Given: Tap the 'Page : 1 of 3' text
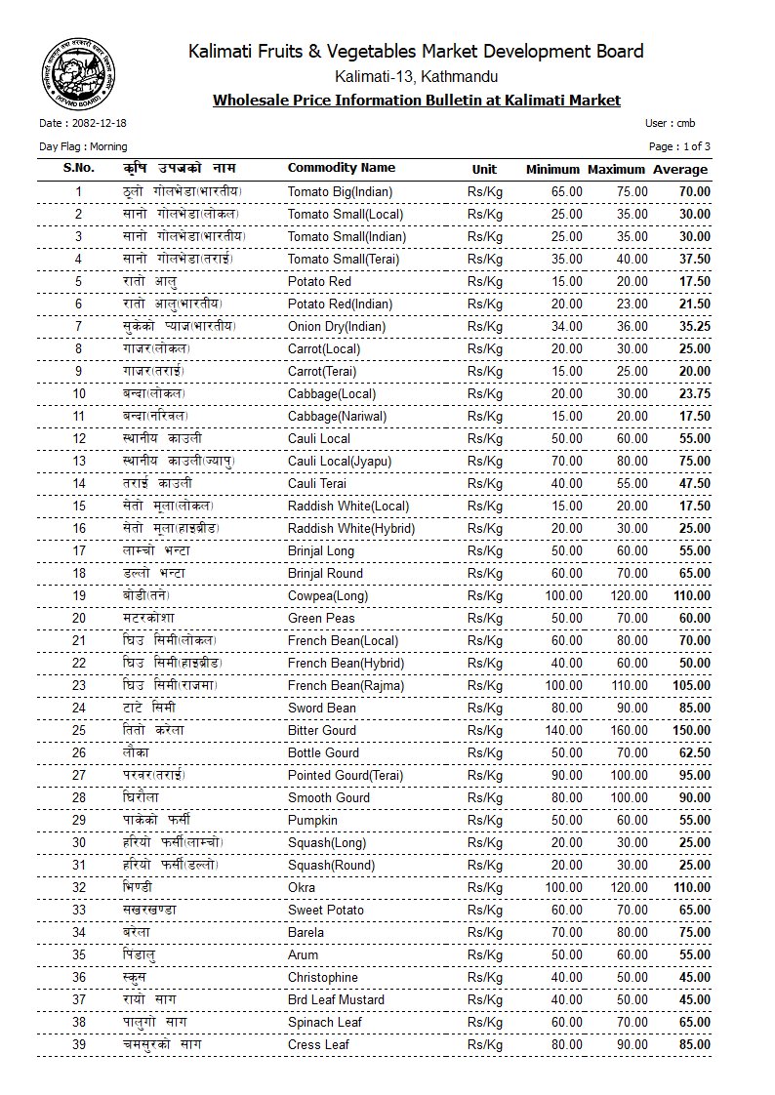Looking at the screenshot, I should (x=679, y=146).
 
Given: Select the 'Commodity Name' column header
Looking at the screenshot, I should (x=341, y=168).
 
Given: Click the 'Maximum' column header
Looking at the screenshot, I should (x=617, y=170).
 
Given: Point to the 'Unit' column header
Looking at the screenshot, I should (x=484, y=169).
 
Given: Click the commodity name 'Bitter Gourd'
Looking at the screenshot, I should (x=323, y=730).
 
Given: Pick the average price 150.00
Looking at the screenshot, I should (x=691, y=730).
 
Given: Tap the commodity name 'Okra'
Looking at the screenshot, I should (x=303, y=887).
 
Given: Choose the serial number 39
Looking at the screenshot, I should (x=79, y=1044).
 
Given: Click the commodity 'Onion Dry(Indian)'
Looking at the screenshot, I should (x=337, y=326).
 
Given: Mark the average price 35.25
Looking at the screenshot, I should (x=694, y=326).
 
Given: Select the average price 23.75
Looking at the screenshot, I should (x=694, y=393).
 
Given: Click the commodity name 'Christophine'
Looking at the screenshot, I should (x=323, y=977).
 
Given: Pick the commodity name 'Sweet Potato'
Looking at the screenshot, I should (x=326, y=910).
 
